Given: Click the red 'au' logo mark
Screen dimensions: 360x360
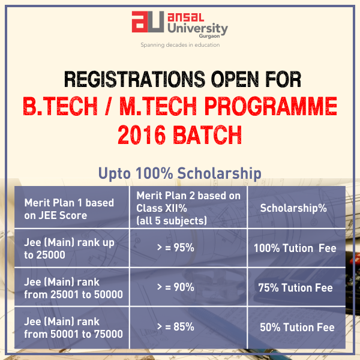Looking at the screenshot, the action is (148, 22).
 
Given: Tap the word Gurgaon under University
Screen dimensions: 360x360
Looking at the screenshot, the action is (209, 36).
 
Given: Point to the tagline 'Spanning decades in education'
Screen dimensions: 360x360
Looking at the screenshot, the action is (180, 45).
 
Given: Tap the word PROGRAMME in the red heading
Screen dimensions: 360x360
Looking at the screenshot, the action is (271, 106).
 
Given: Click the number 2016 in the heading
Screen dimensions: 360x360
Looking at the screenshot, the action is (142, 135).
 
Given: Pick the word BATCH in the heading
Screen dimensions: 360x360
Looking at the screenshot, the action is (208, 135).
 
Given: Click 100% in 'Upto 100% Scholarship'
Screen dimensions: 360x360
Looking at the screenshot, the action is (154, 173).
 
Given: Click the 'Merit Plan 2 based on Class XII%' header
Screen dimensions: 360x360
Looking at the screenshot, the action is (188, 208).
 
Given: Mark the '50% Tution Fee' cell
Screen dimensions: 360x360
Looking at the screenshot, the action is (297, 327).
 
